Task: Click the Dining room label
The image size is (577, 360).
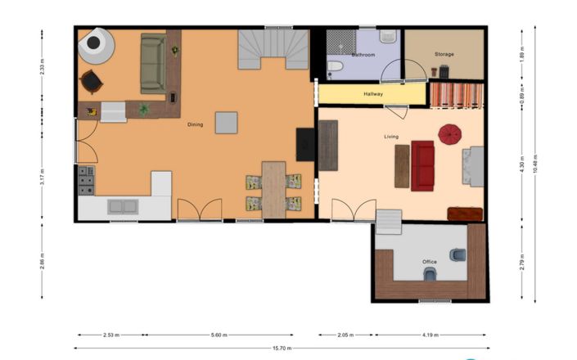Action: (195, 124)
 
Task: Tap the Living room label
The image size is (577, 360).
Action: (391, 137)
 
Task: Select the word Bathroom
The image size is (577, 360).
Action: (363, 55)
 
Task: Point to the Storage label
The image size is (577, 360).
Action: (444, 55)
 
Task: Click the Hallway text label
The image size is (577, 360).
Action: (373, 94)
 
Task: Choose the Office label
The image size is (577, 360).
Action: (429, 262)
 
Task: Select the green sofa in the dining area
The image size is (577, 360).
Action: (152, 63)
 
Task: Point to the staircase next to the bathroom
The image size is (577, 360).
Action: (273, 49)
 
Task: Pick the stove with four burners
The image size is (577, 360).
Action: (86, 181)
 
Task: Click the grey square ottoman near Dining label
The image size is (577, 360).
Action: (226, 123)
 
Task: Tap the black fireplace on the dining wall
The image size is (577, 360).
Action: (305, 145)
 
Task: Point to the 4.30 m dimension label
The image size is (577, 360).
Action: (521, 164)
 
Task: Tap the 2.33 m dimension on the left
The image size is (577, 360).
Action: (42, 70)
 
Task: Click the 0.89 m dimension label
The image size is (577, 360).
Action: (521, 96)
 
